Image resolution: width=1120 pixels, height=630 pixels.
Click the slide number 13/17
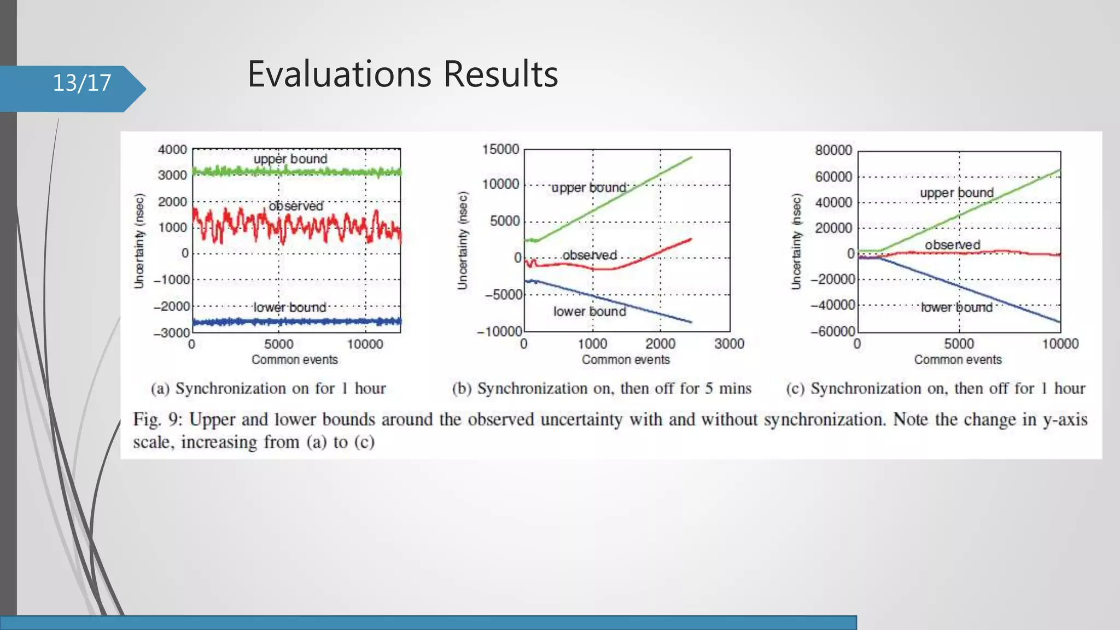tap(82, 83)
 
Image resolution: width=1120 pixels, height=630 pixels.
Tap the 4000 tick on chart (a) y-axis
tap(172, 150)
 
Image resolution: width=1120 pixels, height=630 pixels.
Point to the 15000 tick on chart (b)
tap(500, 149)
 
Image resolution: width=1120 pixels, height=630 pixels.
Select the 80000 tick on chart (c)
tap(833, 150)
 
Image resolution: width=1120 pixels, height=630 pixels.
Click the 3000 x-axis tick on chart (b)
tap(729, 344)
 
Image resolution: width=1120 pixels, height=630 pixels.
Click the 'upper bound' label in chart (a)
tap(290, 159)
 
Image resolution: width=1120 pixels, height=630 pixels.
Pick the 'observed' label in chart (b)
tap(590, 255)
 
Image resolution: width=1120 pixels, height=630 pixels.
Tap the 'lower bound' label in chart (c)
tap(956, 307)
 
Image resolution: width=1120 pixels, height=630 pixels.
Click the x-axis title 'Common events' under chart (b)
tap(626, 360)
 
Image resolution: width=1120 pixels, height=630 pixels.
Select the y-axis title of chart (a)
tap(139, 241)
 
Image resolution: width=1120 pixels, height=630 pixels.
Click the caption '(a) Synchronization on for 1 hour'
tap(268, 388)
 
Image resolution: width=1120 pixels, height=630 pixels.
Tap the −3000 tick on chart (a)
tap(171, 333)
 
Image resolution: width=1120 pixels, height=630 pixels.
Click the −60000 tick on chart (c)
tap(832, 332)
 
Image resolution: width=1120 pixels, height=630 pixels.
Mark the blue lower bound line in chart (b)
tap(629, 304)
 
